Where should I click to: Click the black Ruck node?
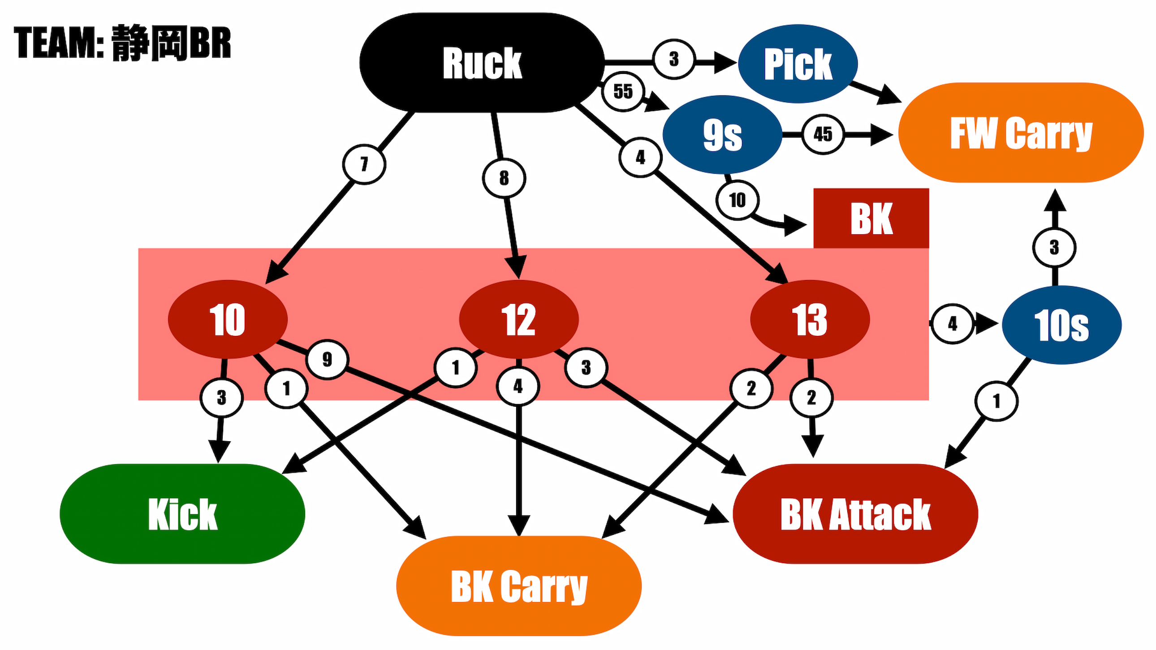(482, 63)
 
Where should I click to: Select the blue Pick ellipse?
(798, 64)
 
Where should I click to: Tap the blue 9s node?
(722, 134)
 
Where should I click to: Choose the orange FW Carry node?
(1021, 133)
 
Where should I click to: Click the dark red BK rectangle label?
(871, 219)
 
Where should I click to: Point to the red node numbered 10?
(228, 319)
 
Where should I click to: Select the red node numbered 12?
(519, 319)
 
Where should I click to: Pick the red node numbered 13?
(810, 319)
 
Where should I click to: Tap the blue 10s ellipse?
(1061, 325)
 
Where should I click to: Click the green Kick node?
(182, 514)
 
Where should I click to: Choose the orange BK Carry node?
(519, 586)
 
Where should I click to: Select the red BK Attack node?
(855, 514)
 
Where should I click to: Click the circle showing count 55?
(623, 91)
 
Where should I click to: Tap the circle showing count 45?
(823, 134)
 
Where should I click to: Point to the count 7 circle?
(364, 164)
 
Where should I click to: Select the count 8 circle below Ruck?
(504, 179)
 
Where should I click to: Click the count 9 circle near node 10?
(327, 359)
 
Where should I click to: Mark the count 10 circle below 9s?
(738, 200)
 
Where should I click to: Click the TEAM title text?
(122, 43)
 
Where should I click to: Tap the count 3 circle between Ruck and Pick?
(673, 59)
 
